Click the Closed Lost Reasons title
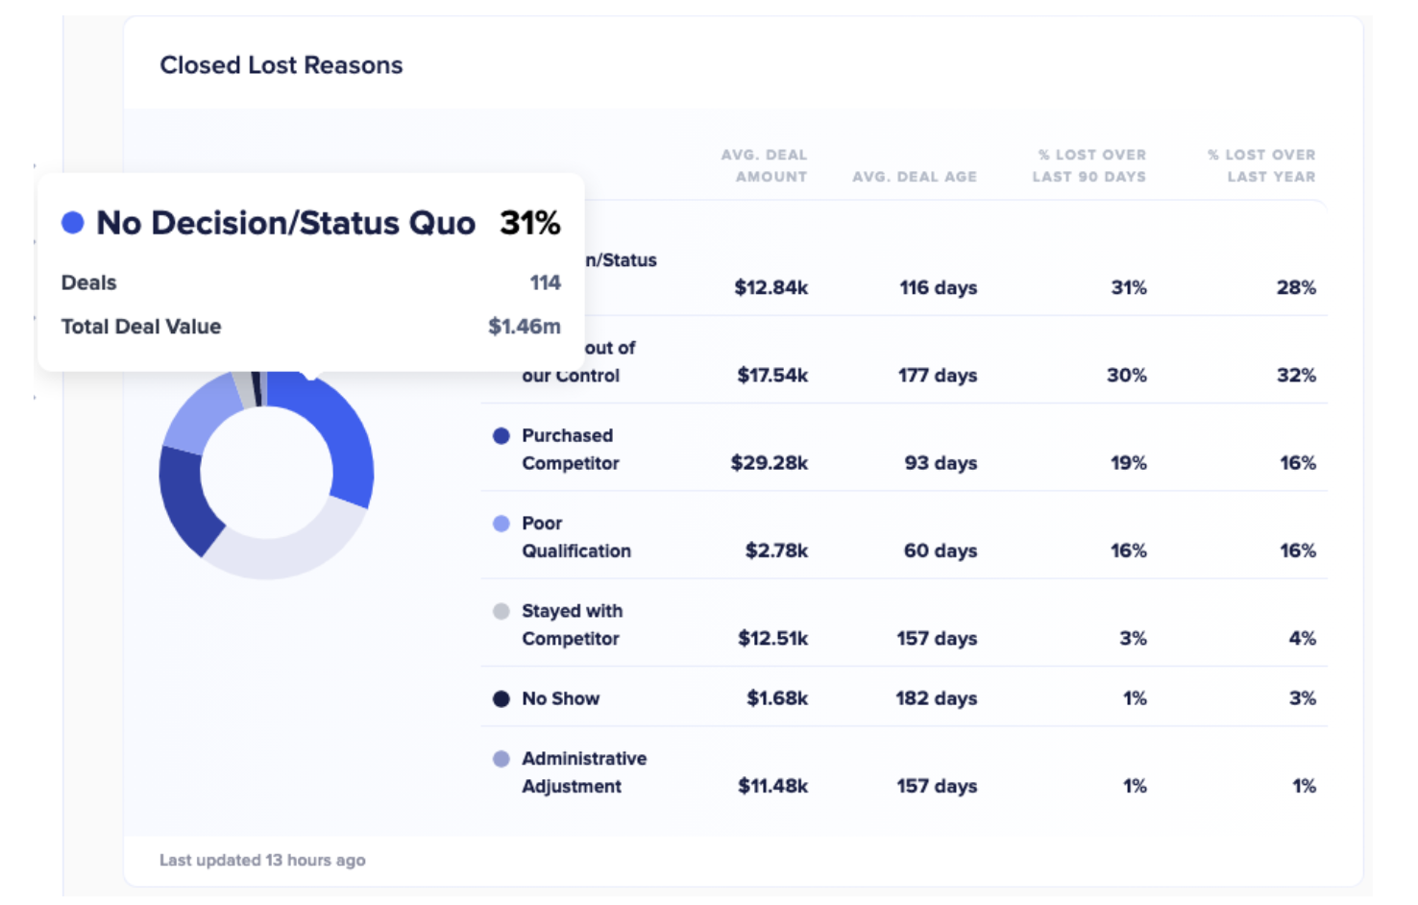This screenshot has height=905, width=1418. click(281, 65)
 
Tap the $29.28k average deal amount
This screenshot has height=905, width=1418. click(769, 463)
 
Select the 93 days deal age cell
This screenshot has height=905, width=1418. click(940, 463)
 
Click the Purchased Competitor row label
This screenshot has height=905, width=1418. click(570, 450)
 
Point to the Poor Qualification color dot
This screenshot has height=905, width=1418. click(501, 524)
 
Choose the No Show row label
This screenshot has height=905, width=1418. click(560, 698)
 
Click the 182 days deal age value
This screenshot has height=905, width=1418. click(936, 698)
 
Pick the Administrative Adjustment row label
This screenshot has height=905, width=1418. click(583, 772)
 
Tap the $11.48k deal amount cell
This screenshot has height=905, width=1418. click(772, 786)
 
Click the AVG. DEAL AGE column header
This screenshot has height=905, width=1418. click(914, 177)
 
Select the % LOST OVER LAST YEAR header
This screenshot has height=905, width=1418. click(1261, 165)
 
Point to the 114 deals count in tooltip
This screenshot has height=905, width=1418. click(545, 282)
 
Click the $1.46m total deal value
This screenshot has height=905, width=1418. click(524, 327)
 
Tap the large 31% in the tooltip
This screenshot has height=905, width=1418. click(529, 223)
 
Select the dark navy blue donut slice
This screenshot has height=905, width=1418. click(185, 500)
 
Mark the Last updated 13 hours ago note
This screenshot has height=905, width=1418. click(262, 860)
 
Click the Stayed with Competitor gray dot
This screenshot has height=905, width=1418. click(501, 611)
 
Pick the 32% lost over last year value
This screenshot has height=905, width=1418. click(1295, 376)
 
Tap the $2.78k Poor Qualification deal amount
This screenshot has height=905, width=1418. click(776, 550)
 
